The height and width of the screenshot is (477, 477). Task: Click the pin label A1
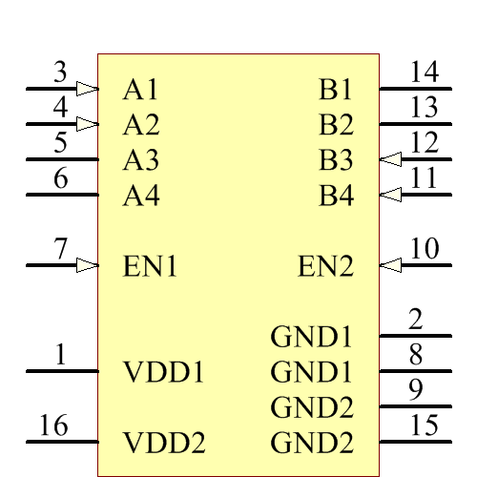140,90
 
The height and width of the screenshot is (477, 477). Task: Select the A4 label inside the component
140,197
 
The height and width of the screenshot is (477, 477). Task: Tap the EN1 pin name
150,265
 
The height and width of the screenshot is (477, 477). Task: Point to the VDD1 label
164,372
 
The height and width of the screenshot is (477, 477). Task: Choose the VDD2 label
164,443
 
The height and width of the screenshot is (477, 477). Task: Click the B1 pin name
336,90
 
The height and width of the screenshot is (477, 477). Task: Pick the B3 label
336,160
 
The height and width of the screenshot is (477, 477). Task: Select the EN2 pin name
325,265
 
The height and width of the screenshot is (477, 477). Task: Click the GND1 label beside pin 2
312,337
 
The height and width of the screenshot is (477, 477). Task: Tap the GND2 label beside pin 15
312,443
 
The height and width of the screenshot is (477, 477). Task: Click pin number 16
53,425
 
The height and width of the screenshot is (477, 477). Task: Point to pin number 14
424,73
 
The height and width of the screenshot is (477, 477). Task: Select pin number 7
61,249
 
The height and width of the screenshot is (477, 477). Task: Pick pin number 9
416,390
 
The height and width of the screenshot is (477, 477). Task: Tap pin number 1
61,356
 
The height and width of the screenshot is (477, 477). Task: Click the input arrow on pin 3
87,89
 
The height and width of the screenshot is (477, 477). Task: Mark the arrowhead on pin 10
390,264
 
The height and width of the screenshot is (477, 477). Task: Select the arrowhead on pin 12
390,159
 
